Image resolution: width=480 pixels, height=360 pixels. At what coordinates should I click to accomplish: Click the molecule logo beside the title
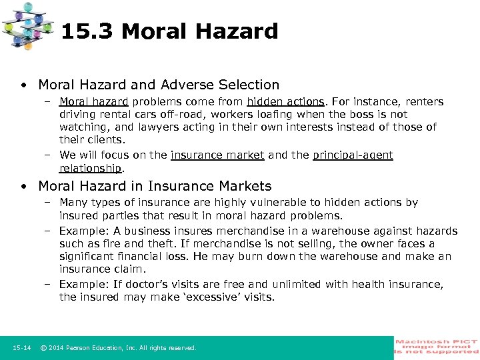coord(28,27)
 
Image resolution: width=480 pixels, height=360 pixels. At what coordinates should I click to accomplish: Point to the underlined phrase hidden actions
coord(285,102)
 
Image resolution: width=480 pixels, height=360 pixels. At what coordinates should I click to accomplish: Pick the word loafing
coord(270,115)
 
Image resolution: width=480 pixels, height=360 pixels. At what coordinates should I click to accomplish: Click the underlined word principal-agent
coord(353,155)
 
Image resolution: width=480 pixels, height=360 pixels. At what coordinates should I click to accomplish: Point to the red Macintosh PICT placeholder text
coord(436,347)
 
